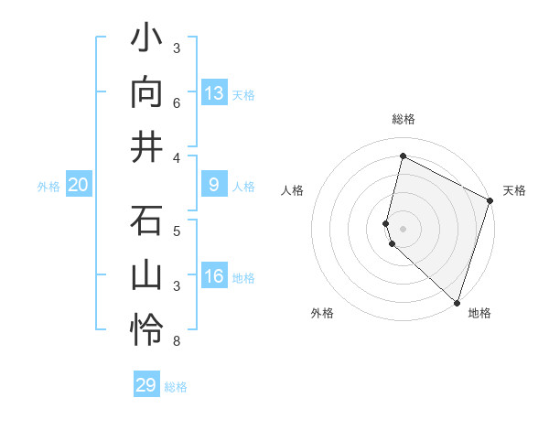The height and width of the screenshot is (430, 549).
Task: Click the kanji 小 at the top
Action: (147, 40)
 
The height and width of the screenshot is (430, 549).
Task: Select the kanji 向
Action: (147, 93)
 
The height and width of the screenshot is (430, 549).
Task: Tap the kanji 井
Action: (147, 146)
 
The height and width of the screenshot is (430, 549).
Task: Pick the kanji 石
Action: (147, 222)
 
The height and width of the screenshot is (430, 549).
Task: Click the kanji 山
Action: (147, 275)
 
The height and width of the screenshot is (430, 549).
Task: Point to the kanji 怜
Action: (147, 329)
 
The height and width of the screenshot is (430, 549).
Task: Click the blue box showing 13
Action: (214, 92)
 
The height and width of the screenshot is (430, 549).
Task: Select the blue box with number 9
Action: (214, 185)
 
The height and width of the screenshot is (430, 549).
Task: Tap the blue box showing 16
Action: (214, 276)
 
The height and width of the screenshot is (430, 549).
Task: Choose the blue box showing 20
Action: (79, 185)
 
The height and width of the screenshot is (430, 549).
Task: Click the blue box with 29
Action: (146, 385)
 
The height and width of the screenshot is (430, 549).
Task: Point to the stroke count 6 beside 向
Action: (177, 104)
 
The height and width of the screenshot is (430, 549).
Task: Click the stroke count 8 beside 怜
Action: (177, 341)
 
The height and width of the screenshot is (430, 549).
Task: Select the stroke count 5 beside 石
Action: (177, 231)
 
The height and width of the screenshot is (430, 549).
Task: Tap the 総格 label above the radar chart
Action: (403, 119)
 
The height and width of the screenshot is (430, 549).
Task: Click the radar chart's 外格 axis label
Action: (322, 314)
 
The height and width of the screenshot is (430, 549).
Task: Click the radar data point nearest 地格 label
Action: (457, 301)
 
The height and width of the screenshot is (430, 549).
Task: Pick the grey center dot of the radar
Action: (403, 227)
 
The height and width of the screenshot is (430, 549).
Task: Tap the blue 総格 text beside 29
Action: (176, 386)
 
